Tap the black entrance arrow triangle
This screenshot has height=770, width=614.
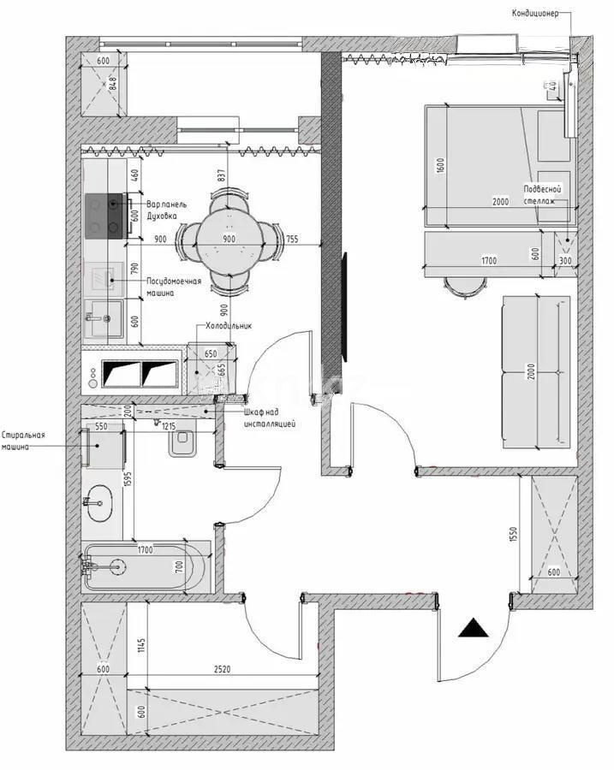[x=474, y=629]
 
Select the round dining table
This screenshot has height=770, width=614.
[x=229, y=240]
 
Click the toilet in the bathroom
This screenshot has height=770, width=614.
[x=183, y=441]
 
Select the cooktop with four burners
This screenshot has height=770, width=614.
[x=105, y=215]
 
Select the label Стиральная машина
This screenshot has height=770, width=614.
[x=23, y=441]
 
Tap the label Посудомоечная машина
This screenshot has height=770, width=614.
[x=173, y=287]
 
